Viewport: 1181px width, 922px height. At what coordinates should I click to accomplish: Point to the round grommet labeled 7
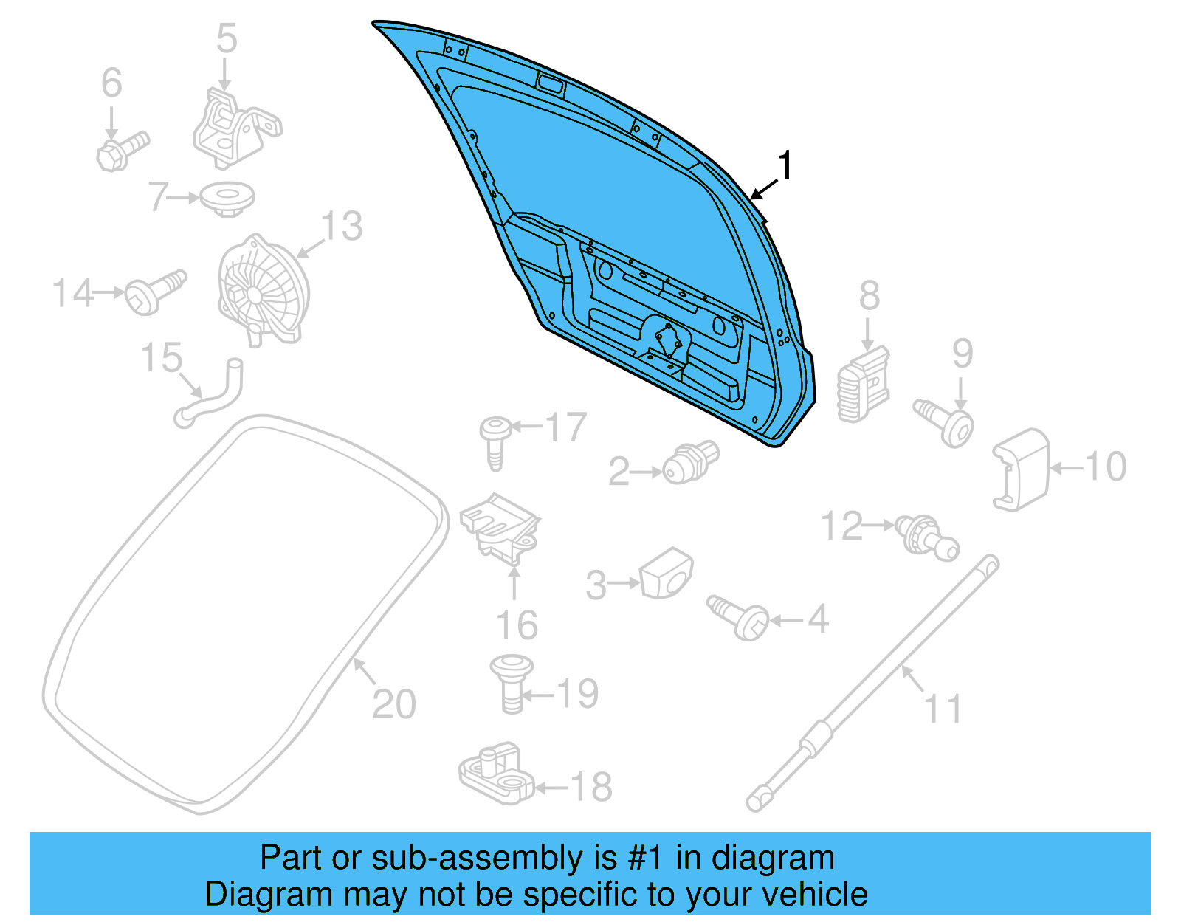(x=227, y=199)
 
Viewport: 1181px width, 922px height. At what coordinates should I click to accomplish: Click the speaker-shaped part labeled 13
(x=262, y=290)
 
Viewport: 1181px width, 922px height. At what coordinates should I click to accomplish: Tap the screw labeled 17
(x=495, y=440)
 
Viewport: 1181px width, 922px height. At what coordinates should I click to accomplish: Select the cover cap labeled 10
(x=1022, y=469)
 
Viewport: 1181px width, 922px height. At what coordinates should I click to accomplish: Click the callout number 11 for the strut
(x=943, y=709)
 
